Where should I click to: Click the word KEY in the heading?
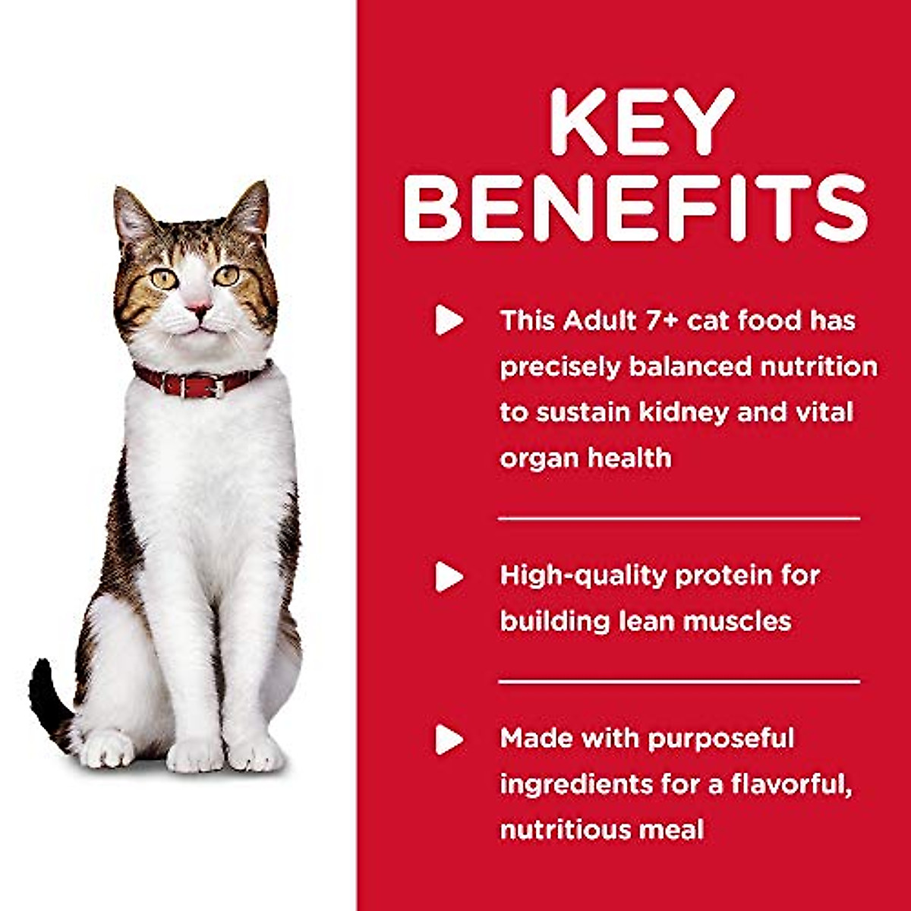(642, 123)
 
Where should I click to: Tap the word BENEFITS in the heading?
(636, 208)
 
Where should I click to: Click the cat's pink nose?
(199, 307)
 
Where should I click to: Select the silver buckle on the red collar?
(217, 388)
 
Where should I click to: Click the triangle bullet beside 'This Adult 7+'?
(449, 321)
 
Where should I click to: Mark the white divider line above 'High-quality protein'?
(679, 519)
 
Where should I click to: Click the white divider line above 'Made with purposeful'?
(679, 682)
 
